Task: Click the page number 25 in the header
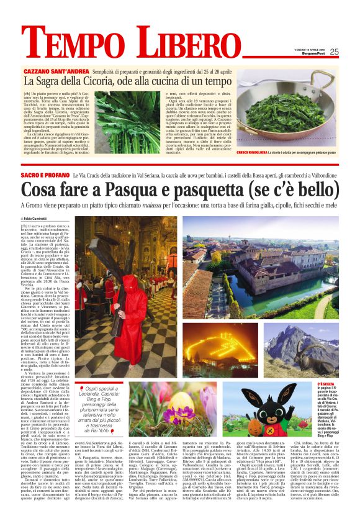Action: pyautogui.click(x=334, y=52)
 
